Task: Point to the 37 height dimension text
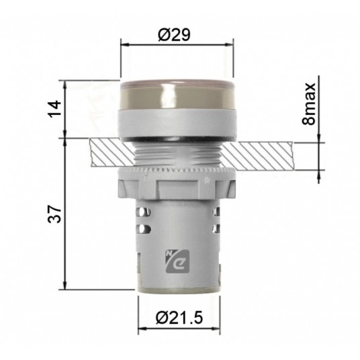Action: point(57,215)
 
